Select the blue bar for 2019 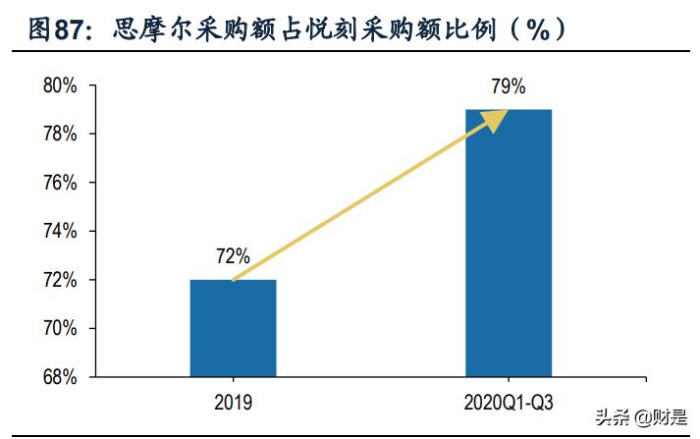233,328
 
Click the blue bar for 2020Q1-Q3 508,243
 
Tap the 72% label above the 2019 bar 233,257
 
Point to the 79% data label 507,86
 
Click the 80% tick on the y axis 60,85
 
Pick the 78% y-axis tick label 60,134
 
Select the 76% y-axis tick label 60,183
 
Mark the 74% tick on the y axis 60,231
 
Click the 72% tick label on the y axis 60,279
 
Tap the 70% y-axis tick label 60,327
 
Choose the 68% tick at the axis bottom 60,376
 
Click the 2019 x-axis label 233,402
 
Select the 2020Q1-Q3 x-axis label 508,402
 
